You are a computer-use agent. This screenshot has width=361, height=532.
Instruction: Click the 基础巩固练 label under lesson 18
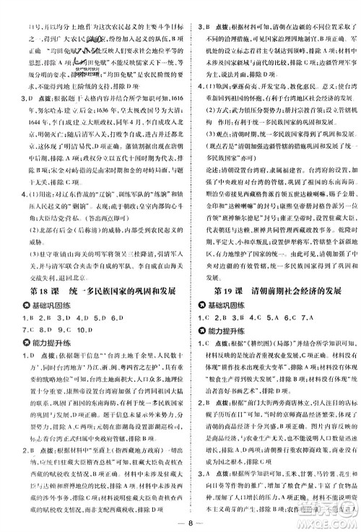tap(51, 325)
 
